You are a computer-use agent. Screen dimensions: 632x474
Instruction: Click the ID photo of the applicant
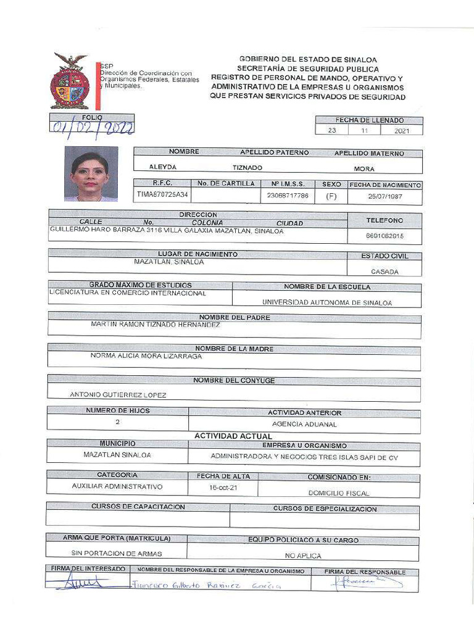click(91, 173)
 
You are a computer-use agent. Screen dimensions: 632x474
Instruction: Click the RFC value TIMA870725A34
click(163, 195)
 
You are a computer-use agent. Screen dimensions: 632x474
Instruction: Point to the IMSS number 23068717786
click(287, 195)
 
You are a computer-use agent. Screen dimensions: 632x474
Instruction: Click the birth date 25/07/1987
click(385, 195)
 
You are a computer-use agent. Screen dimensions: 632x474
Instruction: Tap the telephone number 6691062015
click(385, 235)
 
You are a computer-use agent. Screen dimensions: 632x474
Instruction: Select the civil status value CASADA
click(385, 272)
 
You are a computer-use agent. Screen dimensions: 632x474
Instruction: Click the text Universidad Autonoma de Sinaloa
click(327, 302)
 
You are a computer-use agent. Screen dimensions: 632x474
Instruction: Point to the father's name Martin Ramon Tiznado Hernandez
click(155, 324)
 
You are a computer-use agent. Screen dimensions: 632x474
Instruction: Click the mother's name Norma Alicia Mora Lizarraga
click(146, 356)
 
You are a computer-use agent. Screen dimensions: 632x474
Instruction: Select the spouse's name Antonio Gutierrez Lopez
click(118, 395)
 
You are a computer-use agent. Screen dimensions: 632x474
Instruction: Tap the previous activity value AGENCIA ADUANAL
click(304, 424)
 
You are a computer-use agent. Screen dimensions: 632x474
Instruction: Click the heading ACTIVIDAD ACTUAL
click(233, 436)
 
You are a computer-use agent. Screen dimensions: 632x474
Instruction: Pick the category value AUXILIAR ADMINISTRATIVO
click(117, 486)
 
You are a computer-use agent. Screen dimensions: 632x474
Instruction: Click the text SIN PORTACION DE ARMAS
click(117, 554)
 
